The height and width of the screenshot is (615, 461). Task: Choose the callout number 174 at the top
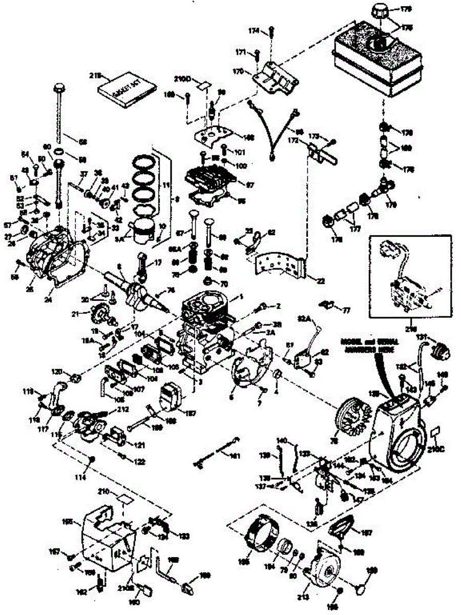pyautogui.click(x=255, y=31)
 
